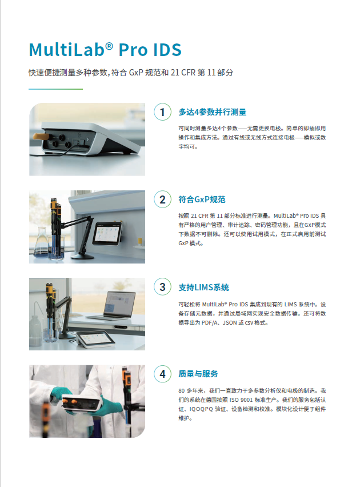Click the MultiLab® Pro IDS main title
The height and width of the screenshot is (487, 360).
(105, 50)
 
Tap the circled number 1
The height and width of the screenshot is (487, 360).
(162, 112)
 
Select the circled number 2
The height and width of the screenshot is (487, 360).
(162, 199)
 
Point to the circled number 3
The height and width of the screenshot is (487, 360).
(162, 287)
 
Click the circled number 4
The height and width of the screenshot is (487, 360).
(162, 374)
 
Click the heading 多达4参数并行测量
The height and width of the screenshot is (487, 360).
(213, 112)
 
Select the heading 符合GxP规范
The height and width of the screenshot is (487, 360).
(202, 199)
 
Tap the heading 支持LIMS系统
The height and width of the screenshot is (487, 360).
(204, 288)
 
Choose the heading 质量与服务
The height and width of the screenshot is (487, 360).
(198, 374)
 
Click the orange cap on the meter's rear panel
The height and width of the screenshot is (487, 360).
(41, 137)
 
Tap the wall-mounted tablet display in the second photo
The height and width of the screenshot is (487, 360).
(108, 234)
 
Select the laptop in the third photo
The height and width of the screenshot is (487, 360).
(113, 306)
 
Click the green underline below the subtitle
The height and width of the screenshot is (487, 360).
(55, 89)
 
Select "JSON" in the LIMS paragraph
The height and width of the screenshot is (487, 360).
(230, 323)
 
